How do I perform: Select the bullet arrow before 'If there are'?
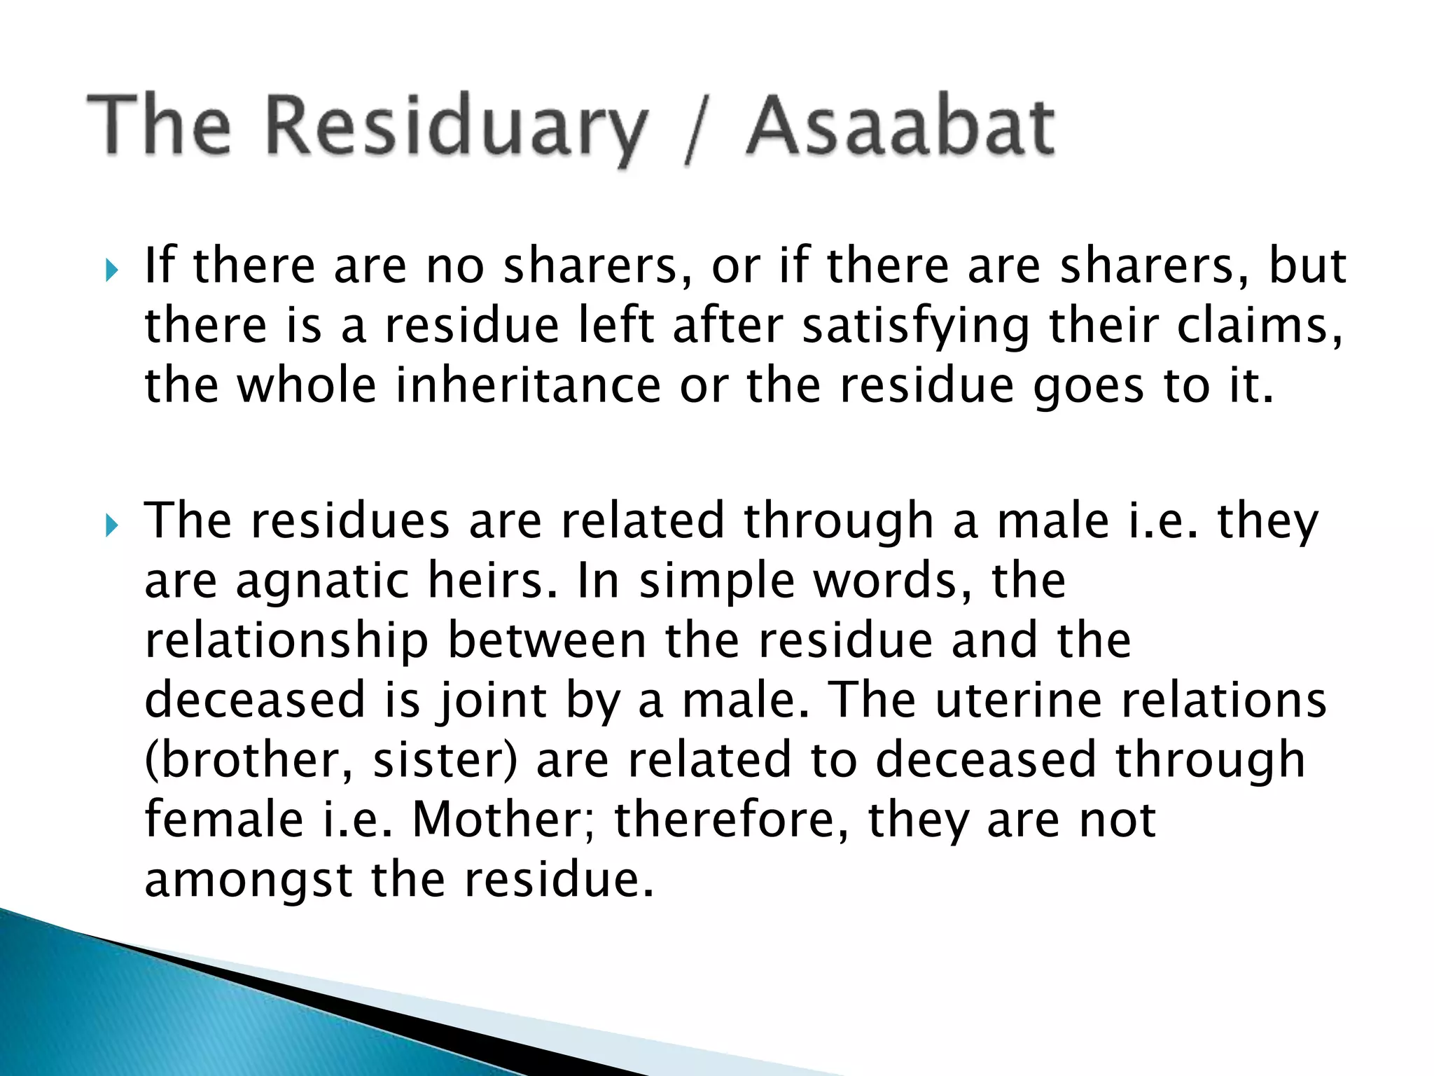[111, 270]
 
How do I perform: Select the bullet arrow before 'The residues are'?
[111, 524]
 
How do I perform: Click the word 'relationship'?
[286, 641]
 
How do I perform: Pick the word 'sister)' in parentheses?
[445, 760]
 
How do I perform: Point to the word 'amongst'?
[249, 881]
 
